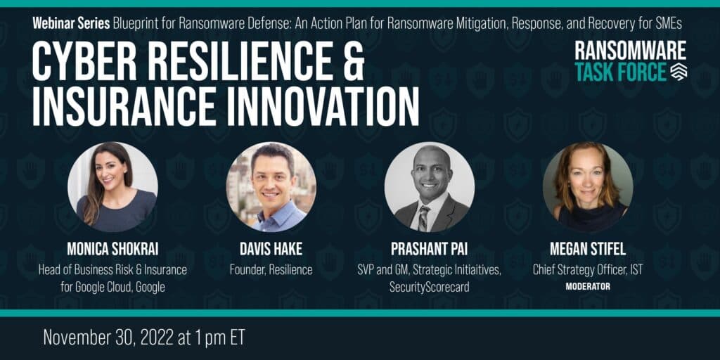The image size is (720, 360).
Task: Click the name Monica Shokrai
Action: coord(113,249)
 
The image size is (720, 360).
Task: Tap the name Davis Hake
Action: coord(271,249)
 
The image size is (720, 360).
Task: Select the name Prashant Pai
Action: coord(430,249)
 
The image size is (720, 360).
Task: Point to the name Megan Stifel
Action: coord(588,249)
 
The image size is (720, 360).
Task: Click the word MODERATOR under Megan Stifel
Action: coord(588,287)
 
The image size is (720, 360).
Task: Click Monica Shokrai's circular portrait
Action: coord(113,187)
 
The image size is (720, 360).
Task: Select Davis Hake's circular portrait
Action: coord(271,187)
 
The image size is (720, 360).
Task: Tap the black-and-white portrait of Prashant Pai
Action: coord(430,187)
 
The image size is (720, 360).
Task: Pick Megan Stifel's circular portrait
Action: coord(588,187)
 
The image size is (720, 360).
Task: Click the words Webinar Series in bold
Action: coord(71,24)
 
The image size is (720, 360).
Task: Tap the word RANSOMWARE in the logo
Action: coord(631,51)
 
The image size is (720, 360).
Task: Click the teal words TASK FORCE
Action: coord(620,72)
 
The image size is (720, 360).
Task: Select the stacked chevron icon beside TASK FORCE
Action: coord(679,72)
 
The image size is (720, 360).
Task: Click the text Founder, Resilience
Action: coord(271,270)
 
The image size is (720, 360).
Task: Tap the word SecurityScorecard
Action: coord(430,288)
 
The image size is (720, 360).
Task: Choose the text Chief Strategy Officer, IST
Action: coord(588,270)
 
